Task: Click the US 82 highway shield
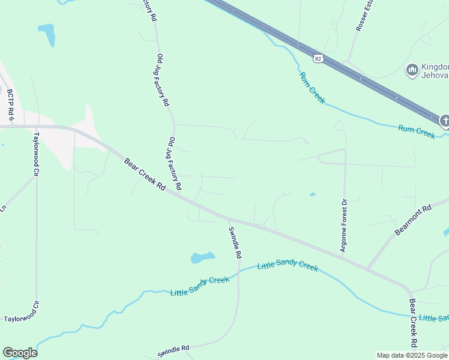pyautogui.click(x=318, y=58)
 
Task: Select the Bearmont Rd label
pyautogui.click(x=414, y=220)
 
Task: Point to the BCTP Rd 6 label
pyautogui.click(x=10, y=103)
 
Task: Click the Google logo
pyautogui.click(x=20, y=352)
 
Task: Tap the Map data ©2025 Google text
pyautogui.click(x=412, y=355)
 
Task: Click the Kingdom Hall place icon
pyautogui.click(x=412, y=71)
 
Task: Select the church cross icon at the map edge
pyautogui.click(x=444, y=122)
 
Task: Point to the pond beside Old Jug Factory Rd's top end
pyautogui.click(x=47, y=34)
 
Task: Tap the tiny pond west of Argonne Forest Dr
pyautogui.click(x=312, y=194)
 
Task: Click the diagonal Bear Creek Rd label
pyautogui.click(x=145, y=174)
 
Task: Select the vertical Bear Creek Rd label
pyautogui.click(x=413, y=323)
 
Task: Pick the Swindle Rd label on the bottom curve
pyautogui.click(x=173, y=351)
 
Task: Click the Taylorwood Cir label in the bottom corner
pyautogui.click(x=22, y=319)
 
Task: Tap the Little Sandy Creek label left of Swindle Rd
pyautogui.click(x=200, y=286)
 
